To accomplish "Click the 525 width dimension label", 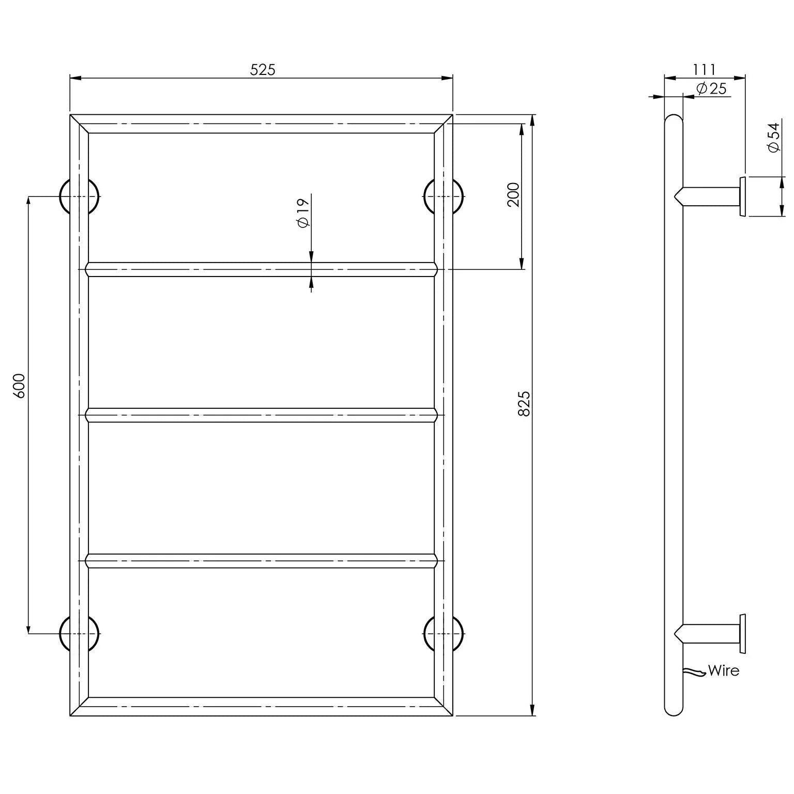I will (263, 69).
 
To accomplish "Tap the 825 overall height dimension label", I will (524, 404).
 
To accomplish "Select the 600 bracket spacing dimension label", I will (19, 385).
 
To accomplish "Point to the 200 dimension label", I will (513, 194).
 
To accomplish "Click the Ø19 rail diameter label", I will (303, 212).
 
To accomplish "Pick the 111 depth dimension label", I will (704, 69).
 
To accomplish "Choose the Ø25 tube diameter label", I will (711, 88).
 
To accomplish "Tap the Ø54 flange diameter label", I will (773, 138).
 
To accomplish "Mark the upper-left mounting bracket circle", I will (79, 196).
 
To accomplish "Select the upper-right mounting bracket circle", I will (444, 196).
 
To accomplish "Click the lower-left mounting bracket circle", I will (79, 633).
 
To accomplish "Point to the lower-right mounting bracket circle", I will (444, 633).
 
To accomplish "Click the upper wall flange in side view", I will (742, 196).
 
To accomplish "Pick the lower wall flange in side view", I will (742, 633).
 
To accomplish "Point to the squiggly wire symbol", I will (694, 672).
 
